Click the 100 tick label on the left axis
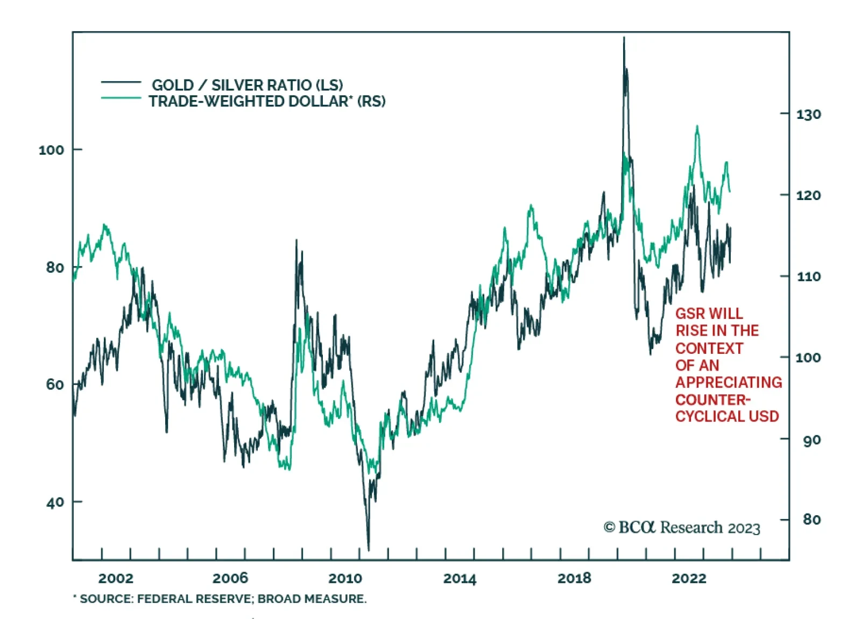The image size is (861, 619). tap(51, 150)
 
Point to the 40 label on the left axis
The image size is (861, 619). tap(55, 503)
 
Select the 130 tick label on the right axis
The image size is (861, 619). tap(808, 115)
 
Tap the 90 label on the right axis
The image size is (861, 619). tap(811, 440)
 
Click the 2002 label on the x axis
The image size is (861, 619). tap(115, 579)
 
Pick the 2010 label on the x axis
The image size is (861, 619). tap(345, 579)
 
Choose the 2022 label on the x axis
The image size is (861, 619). tap(689, 579)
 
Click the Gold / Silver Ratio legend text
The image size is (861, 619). tap(247, 85)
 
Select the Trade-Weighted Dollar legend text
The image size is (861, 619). tap(267, 101)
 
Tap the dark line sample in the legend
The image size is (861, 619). tap(121, 82)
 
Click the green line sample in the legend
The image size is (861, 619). tap(121, 98)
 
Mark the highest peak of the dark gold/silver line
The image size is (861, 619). tap(624, 38)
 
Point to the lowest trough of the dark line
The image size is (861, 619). tap(369, 550)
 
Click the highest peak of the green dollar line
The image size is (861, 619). tap(697, 127)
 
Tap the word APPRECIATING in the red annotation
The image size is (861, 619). tap(729, 382)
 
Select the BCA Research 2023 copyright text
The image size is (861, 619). tap(682, 528)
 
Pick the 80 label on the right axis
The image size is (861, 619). tap(811, 520)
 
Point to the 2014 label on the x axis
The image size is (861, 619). tap(460, 579)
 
